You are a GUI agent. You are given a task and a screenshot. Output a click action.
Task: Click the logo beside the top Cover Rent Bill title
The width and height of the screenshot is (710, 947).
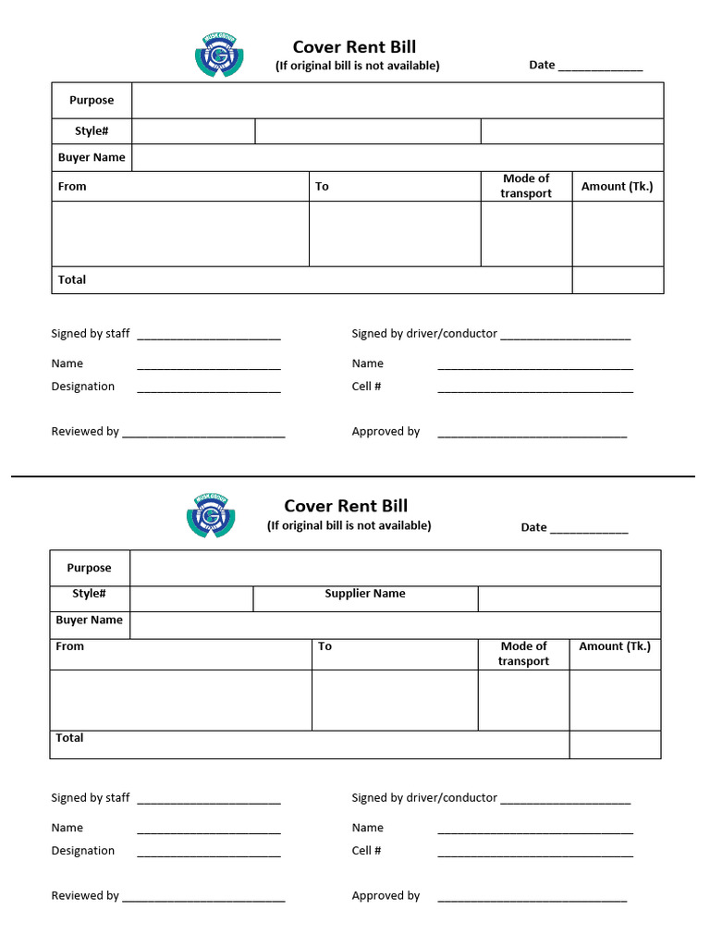point(219,55)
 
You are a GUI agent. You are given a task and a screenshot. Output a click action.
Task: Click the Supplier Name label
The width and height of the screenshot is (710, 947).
point(364,594)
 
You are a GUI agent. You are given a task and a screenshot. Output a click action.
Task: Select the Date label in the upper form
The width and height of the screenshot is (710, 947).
point(542,65)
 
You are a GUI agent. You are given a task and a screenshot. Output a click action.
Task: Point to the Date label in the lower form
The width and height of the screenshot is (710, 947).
point(533,527)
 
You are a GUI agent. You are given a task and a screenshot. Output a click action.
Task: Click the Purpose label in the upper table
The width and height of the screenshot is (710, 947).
point(92,100)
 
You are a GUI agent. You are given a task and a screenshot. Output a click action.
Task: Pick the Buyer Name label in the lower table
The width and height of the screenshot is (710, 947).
point(89,620)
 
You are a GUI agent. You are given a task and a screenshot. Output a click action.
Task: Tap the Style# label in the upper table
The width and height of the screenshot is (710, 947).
point(92,130)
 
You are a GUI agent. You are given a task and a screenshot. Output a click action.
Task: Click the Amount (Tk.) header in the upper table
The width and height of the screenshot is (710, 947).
point(617,186)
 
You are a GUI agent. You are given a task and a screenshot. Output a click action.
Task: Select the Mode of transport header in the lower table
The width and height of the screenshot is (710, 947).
point(523,653)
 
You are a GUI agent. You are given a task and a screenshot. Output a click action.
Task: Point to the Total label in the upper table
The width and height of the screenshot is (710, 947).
point(71,279)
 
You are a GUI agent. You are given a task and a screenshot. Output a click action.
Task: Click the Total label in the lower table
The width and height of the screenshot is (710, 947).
point(69,738)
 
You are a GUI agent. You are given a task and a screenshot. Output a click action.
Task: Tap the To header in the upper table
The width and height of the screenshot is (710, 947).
point(322,186)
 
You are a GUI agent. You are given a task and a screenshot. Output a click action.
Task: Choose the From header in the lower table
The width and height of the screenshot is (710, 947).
point(69,646)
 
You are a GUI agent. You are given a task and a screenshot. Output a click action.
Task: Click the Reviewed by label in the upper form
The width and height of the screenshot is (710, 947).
point(85,431)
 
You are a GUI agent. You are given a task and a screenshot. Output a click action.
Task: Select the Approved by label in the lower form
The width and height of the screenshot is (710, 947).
point(386,895)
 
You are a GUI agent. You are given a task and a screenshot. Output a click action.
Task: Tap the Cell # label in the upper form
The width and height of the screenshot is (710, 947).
point(366,387)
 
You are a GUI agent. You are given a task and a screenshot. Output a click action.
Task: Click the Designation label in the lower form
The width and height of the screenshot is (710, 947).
point(83,851)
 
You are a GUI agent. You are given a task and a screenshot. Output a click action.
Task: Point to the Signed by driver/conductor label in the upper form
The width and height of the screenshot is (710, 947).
point(424,333)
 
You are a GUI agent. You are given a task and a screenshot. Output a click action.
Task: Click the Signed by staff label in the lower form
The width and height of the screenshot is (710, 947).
point(91,797)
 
